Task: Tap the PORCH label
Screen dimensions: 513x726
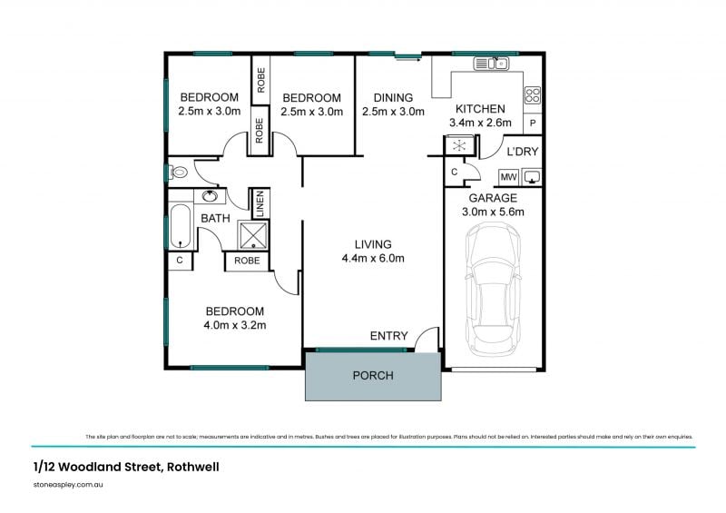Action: [x=372, y=375]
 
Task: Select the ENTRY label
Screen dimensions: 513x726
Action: [x=388, y=336]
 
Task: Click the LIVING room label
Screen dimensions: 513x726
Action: [x=373, y=244]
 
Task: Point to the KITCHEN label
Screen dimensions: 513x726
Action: [x=480, y=109]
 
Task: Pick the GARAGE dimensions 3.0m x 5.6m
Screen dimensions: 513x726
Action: [x=493, y=212]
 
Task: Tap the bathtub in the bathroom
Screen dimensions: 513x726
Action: [x=180, y=226]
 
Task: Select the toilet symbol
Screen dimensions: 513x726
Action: [x=179, y=171]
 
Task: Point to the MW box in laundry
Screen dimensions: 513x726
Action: [x=508, y=177]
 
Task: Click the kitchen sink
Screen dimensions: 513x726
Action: [x=498, y=64]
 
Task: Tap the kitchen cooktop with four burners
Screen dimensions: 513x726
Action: [x=533, y=94]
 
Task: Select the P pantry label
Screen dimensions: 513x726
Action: [x=533, y=123]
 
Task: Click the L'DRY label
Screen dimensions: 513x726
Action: [x=523, y=151]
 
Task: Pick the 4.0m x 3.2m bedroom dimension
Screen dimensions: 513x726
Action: [x=234, y=325]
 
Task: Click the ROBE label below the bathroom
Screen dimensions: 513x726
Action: [x=247, y=261]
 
